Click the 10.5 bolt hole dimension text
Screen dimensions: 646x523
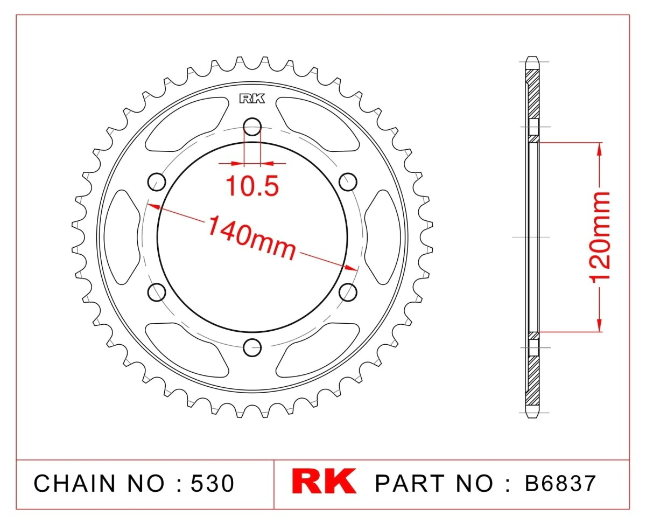point(252,186)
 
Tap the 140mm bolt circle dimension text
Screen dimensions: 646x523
point(252,238)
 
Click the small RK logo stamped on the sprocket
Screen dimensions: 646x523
point(252,99)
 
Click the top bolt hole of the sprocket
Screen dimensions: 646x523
point(252,127)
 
